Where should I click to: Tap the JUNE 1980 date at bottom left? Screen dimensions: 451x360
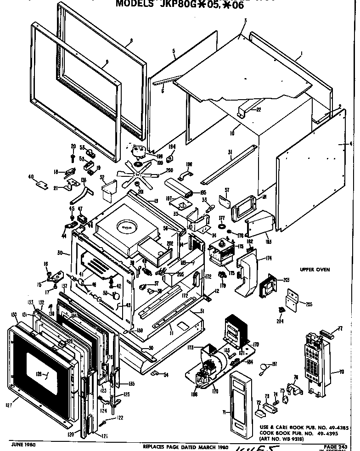click(22, 445)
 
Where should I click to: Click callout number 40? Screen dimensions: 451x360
click(31, 177)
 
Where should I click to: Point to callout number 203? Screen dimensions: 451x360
click(287, 280)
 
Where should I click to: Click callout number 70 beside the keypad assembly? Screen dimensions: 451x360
click(341, 372)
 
